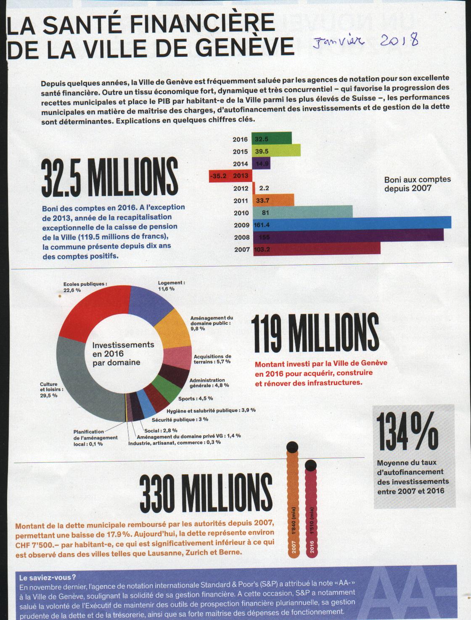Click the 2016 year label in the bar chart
pos(241,140)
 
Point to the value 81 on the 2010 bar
pos(265,213)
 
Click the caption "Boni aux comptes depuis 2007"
pos(417,184)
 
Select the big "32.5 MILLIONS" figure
pos(110,178)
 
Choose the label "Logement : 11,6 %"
pos(171,286)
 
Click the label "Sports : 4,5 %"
pos(195,398)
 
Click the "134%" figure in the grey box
pos(407,430)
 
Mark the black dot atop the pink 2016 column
pos(311,465)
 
